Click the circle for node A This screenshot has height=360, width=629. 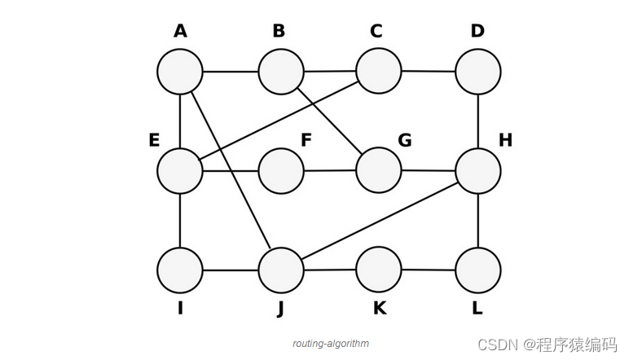[x=180, y=71]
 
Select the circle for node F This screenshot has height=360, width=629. [x=281, y=171]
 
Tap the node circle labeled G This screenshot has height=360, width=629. [x=379, y=170]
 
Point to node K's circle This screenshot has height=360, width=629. [x=379, y=269]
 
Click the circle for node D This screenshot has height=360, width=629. [x=478, y=72]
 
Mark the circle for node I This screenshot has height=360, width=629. [x=180, y=270]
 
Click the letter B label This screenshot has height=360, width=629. [x=279, y=31]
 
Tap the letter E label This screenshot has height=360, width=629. [x=153, y=139]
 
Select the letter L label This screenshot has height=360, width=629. [x=477, y=310]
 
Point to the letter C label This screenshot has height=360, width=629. [x=376, y=31]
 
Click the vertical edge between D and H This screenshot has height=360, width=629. [x=478, y=121]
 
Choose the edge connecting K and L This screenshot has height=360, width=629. [x=429, y=270]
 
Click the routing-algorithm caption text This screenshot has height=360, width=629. [x=330, y=344]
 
